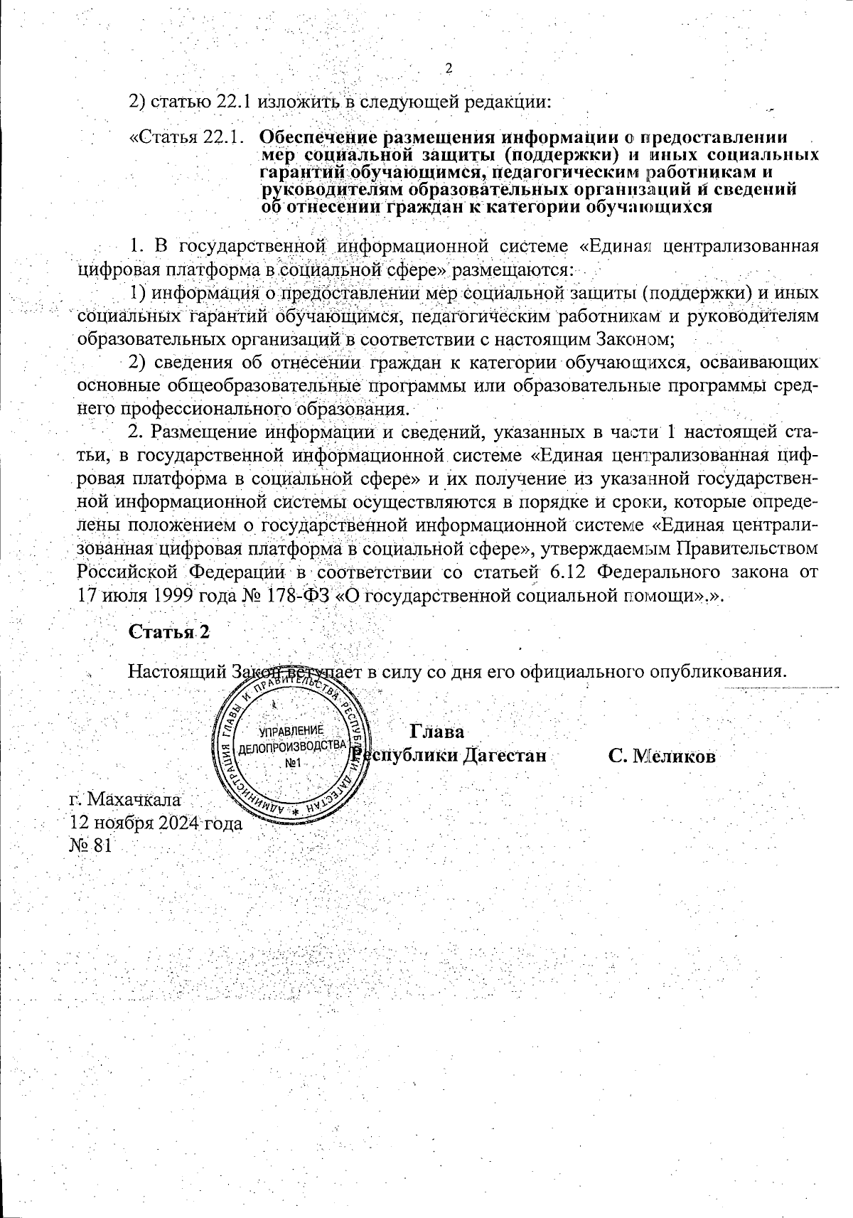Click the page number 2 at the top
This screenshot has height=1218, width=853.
click(449, 68)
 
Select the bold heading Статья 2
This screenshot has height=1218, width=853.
click(168, 631)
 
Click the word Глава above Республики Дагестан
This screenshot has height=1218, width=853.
click(437, 732)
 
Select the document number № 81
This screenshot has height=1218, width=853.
click(90, 846)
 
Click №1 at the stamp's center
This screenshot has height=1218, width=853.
click(294, 763)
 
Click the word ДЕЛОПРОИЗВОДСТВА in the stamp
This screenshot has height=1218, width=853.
click(291, 747)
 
